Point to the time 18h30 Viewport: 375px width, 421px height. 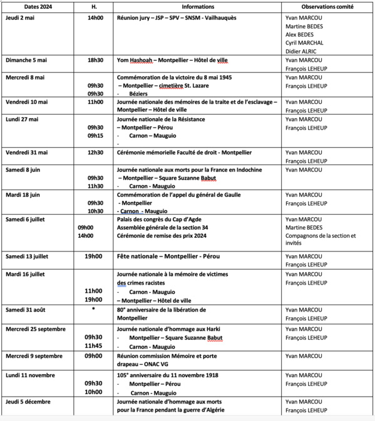[x=95, y=60]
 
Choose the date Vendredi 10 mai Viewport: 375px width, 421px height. [x=28, y=101]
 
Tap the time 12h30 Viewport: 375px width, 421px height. [x=95, y=152]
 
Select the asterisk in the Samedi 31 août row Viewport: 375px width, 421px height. [x=93, y=308]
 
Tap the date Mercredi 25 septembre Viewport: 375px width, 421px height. [x=36, y=328]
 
